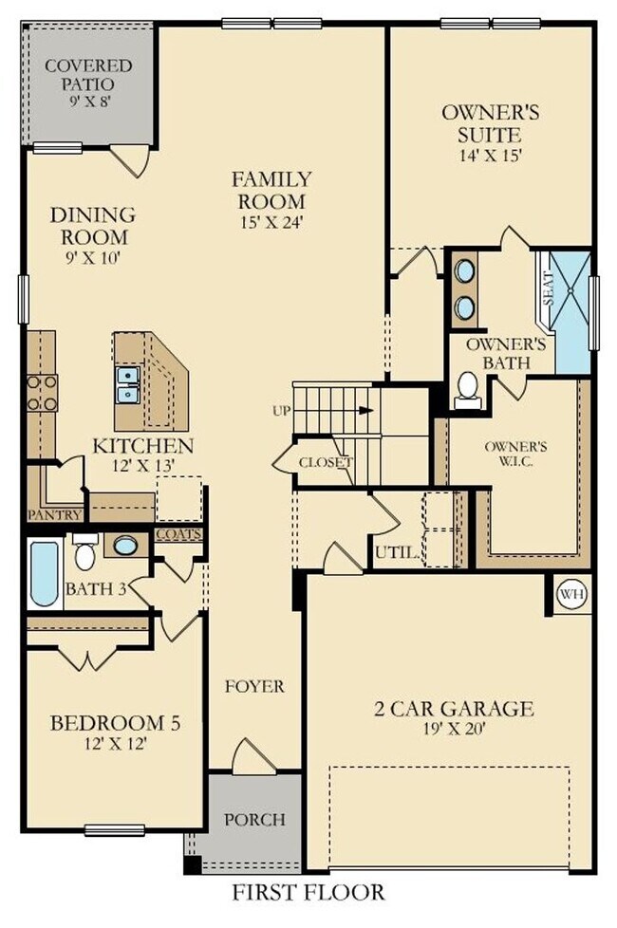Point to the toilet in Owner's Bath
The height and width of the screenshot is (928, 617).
467,389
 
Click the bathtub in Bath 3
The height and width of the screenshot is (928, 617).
44,574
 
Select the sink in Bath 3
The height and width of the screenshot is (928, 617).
125,546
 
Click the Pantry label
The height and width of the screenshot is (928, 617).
54,515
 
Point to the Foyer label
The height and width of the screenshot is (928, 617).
254,686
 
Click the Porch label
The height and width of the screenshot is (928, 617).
253,819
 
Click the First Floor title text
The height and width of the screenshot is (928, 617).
308,893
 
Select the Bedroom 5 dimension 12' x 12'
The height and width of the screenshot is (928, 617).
113,744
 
